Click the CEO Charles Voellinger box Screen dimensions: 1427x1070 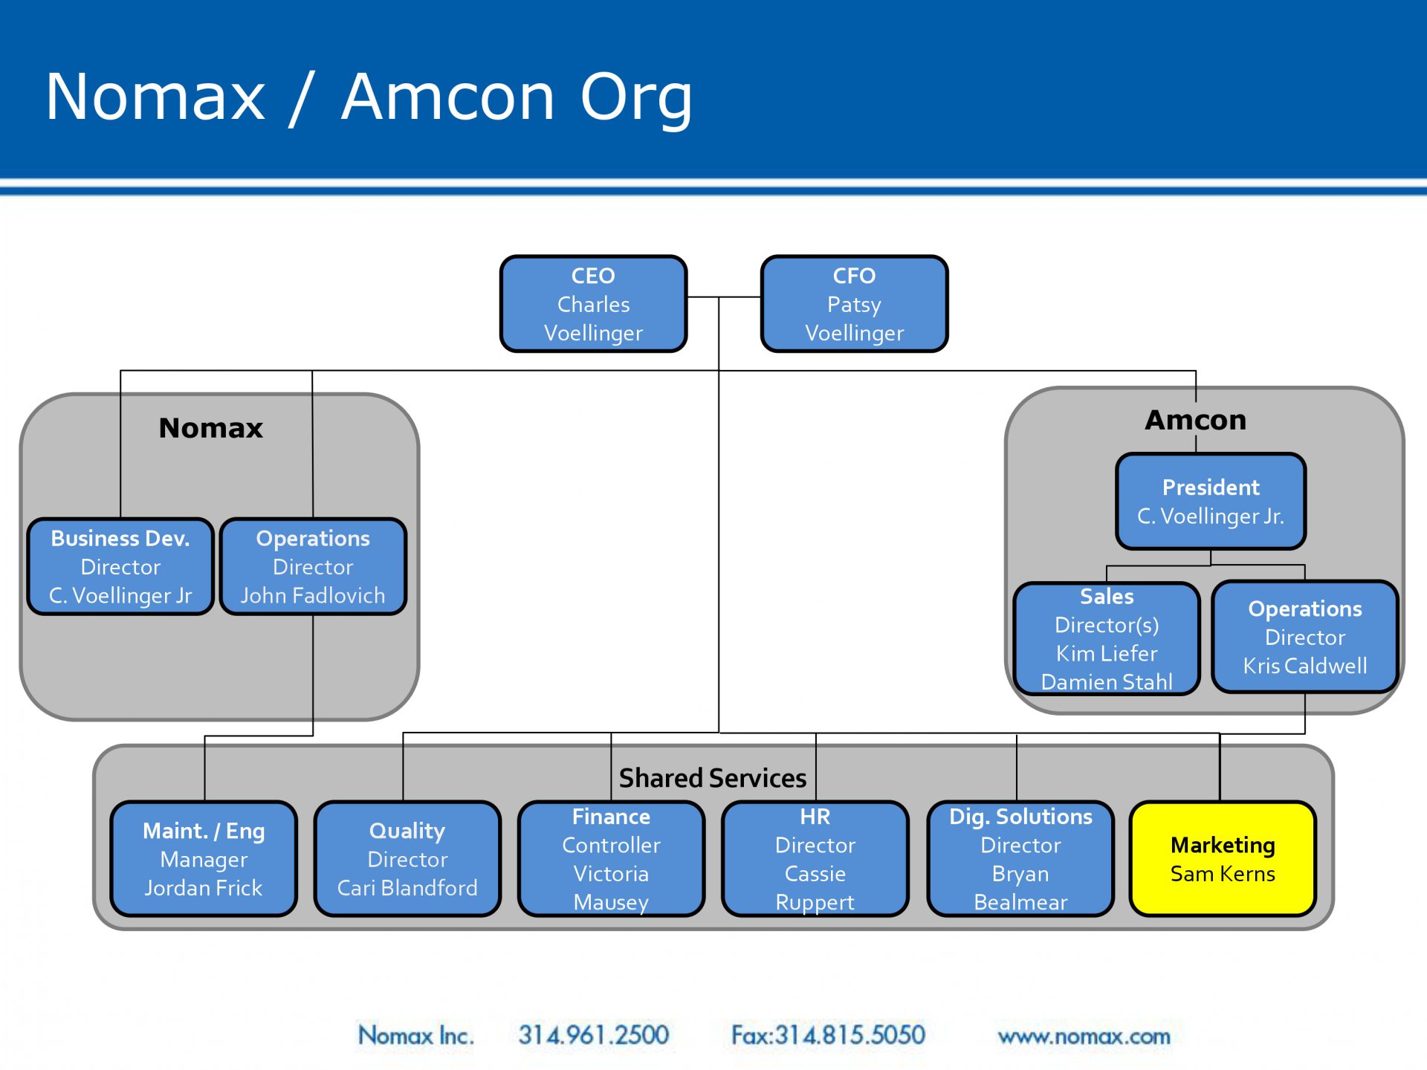click(x=593, y=303)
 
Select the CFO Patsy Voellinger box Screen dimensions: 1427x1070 click(x=855, y=303)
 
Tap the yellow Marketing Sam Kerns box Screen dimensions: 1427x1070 click(x=1223, y=858)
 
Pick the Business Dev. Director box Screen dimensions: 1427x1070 click(x=120, y=566)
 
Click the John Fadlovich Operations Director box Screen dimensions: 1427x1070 click(x=313, y=566)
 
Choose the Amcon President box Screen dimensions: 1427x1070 click(x=1211, y=501)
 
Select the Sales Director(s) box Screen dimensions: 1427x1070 click(x=1107, y=638)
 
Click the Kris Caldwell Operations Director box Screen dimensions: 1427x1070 click(x=1305, y=637)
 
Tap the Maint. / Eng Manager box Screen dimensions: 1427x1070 click(x=204, y=858)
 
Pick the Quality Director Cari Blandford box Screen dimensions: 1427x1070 click(x=407, y=858)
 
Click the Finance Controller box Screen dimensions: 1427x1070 click(x=611, y=858)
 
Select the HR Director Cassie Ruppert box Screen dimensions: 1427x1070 click(x=815, y=858)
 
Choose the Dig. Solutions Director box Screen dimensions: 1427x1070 click(x=1020, y=858)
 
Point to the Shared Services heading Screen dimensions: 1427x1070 click(x=713, y=778)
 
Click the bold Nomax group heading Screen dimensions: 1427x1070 click(x=211, y=428)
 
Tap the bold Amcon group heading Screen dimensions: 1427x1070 click(x=1195, y=420)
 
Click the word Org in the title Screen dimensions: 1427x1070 click(x=636, y=98)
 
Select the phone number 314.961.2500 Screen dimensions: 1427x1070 click(x=594, y=1035)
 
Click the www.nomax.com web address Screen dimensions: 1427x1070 click(x=1084, y=1036)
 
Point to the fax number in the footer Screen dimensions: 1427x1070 click(x=828, y=1035)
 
